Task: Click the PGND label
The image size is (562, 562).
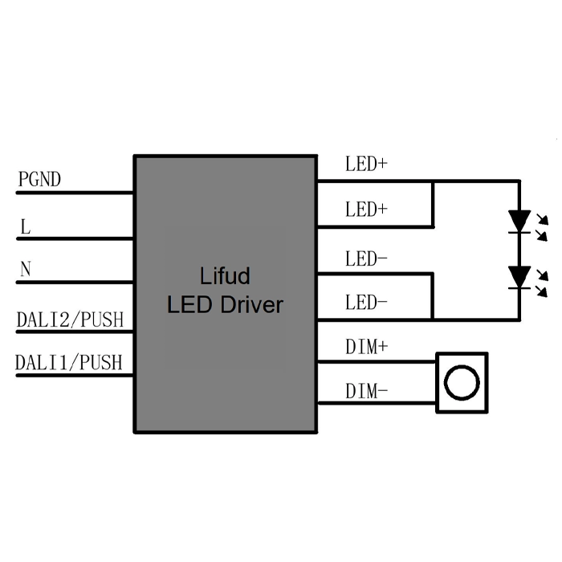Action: pos(39,180)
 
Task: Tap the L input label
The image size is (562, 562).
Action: pos(26,227)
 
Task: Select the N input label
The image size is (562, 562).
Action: pos(25,270)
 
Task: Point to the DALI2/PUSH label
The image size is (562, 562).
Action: pos(71,320)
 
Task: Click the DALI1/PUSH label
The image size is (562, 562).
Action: pos(69,363)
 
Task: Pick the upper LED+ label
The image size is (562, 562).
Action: pos(367,165)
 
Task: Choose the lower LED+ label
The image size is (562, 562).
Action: pos(367,210)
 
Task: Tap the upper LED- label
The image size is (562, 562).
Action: pos(367,259)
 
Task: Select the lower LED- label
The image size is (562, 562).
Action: pos(367,303)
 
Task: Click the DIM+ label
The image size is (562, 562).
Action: pos(367,347)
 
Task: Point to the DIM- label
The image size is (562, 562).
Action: pos(367,391)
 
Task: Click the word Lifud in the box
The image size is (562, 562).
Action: pos(225,277)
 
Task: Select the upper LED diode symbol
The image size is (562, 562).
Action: pos(520,219)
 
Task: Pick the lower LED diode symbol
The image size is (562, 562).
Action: pos(520,277)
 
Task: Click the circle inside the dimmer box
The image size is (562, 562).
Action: pos(462,383)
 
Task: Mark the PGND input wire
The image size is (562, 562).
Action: pos(75,193)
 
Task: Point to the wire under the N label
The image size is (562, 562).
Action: pos(75,282)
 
